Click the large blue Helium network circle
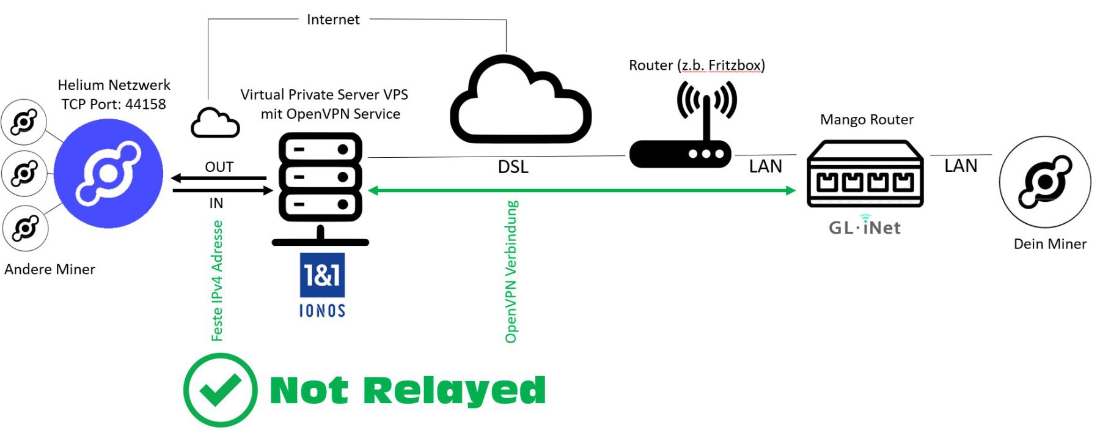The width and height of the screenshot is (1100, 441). coord(108,174)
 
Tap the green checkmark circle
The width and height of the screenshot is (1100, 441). coord(220,390)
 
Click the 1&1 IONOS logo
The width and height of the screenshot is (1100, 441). coord(322,285)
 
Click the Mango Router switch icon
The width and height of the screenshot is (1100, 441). coord(865,174)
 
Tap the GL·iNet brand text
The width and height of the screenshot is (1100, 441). coord(865,228)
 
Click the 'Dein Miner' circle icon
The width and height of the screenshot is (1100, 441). coord(1045,182)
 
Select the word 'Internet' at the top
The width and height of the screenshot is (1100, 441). coord(333,20)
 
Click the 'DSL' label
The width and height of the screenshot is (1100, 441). coord(513,167)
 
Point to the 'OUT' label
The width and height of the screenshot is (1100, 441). coord(219,167)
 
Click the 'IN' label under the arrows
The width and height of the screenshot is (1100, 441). coord(216,203)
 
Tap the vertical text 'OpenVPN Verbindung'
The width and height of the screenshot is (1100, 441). coord(512,272)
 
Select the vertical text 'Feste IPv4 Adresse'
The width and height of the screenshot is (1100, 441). coord(217,281)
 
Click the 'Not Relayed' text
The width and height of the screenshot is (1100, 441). coord(408,390)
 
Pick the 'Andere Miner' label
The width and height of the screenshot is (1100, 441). coord(50,269)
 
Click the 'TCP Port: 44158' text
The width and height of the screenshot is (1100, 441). coord(114,104)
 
